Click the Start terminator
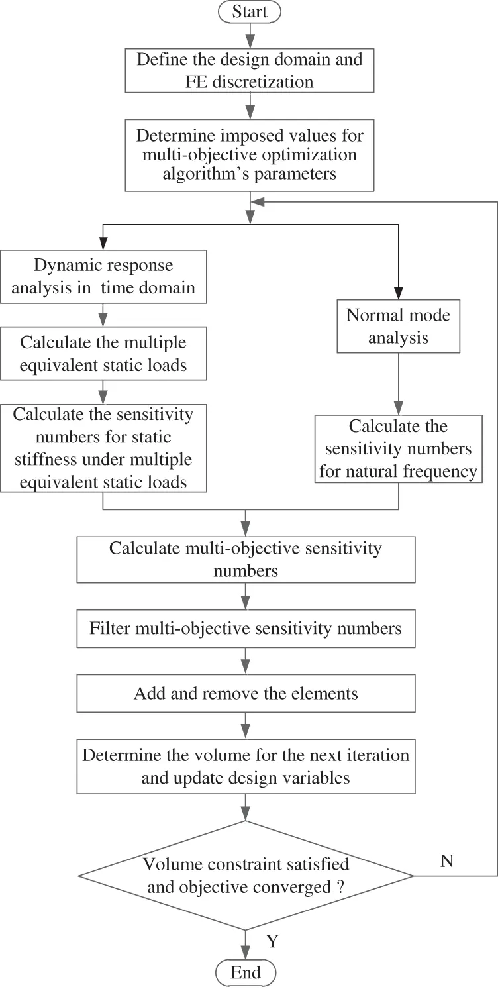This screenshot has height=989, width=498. (250, 11)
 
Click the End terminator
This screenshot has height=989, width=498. (246, 972)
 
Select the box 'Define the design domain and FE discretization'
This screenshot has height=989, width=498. (250, 70)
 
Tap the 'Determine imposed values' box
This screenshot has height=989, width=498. (250, 155)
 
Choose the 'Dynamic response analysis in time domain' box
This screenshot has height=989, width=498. (103, 276)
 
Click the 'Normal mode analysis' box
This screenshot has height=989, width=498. (398, 326)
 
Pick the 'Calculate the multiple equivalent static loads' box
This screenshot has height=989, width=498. (103, 354)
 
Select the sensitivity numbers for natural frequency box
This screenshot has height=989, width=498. (398, 448)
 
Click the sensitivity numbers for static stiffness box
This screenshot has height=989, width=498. (103, 448)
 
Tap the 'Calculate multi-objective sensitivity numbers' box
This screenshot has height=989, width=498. (246, 559)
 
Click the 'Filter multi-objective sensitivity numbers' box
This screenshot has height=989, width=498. (246, 628)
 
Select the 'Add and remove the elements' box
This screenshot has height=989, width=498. (246, 693)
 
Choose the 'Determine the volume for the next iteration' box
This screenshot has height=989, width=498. (246, 766)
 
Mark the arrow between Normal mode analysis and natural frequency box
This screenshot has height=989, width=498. (398, 383)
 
